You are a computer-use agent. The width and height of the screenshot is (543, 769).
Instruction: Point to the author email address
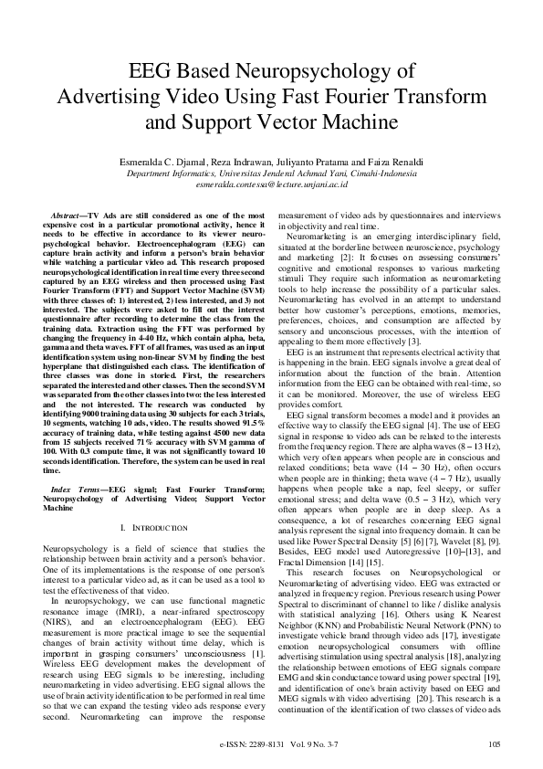(271, 184)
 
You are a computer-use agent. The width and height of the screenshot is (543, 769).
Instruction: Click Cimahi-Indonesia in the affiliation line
(377, 173)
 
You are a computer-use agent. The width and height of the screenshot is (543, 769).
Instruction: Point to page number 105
(495, 744)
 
